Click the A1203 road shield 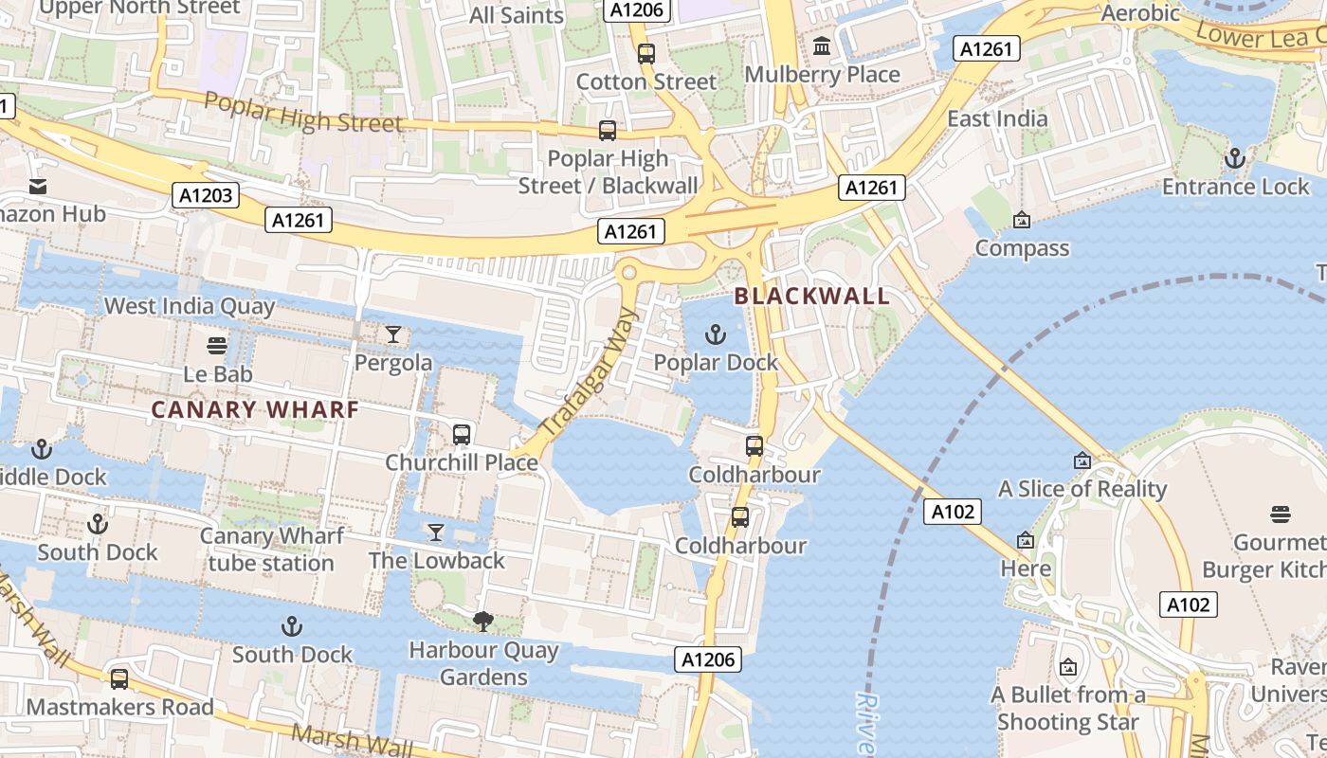pos(206,196)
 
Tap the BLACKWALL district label pos(812,296)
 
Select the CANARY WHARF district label pos(255,409)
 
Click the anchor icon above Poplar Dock pos(717,334)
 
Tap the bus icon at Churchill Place pos(462,435)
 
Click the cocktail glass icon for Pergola pos(393,334)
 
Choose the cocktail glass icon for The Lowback pos(436,532)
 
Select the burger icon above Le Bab pos(217,346)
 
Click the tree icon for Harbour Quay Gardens pos(483,622)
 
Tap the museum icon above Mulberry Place pos(822,45)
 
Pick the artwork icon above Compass pos(1022,220)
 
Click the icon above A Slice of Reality pos(1082,460)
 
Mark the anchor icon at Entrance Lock pos(1234,158)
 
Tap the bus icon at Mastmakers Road pos(119,678)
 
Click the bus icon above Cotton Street pos(646,54)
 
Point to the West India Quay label pos(190,306)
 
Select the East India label pos(997,118)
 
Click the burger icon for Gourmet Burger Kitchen pos(1281,514)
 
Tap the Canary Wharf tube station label pos(271,550)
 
